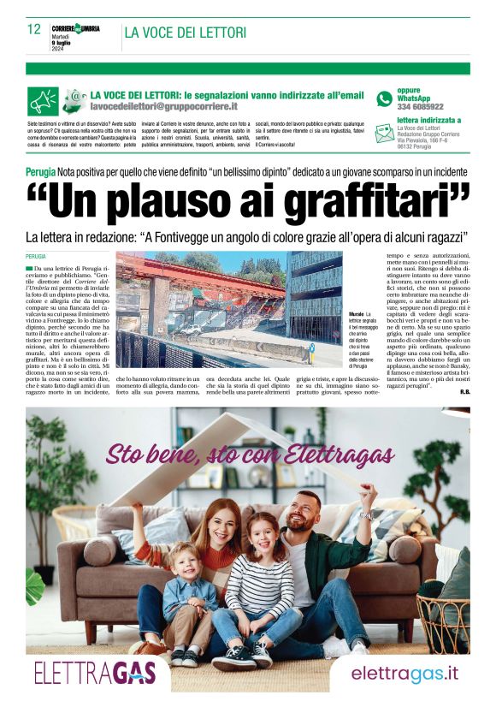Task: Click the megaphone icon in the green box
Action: coord(43,100)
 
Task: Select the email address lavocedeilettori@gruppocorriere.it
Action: coord(163,106)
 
